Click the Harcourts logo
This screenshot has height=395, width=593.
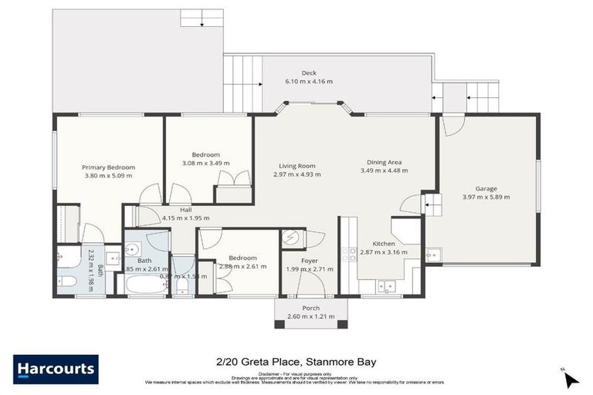[x=56, y=369]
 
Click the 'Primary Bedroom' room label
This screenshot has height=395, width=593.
[x=109, y=167]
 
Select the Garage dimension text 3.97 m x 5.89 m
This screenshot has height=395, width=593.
[x=486, y=197]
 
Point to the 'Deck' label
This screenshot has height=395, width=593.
[x=309, y=73]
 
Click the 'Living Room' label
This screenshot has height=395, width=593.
[x=297, y=165]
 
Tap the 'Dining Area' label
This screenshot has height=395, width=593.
[x=384, y=162]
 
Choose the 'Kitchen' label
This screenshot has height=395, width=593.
[x=384, y=243]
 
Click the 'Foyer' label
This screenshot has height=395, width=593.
[x=310, y=261]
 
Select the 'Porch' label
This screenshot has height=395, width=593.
[x=311, y=308]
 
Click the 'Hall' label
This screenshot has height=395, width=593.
[x=186, y=209]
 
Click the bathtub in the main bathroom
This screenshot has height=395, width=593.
[x=147, y=285]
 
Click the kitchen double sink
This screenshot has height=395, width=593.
[x=384, y=286]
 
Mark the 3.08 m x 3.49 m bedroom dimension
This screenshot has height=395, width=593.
[x=206, y=164]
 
